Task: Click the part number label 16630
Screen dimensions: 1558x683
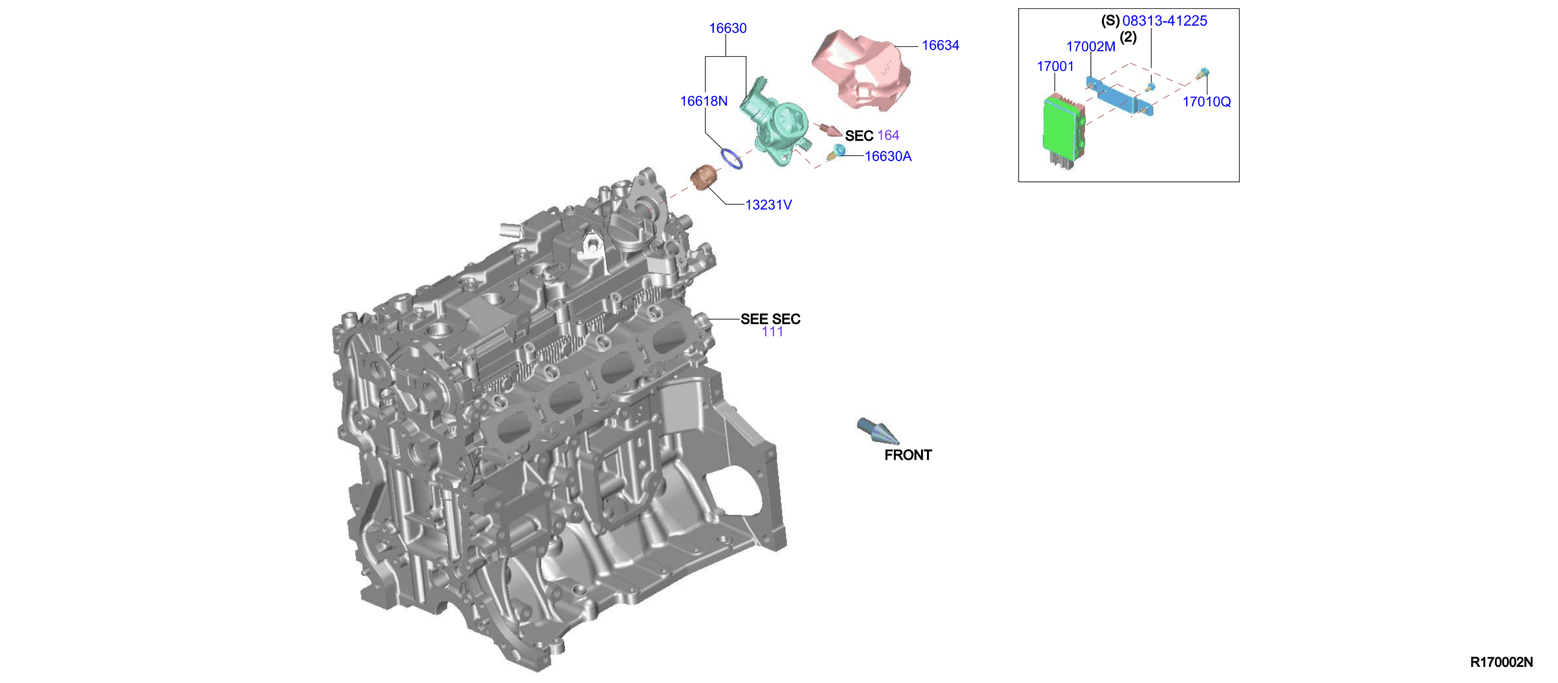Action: click(728, 29)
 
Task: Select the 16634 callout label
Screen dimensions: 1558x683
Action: click(940, 46)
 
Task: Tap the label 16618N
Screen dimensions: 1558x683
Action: click(703, 101)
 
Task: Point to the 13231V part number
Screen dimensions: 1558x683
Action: click(768, 205)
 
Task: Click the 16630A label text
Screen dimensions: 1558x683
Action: click(888, 156)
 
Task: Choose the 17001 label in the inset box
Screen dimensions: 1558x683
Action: click(1055, 67)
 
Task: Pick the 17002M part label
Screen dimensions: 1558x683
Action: click(1090, 46)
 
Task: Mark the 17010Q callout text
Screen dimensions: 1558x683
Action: click(1207, 102)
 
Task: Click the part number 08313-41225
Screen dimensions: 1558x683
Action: click(1165, 21)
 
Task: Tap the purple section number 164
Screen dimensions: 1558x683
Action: click(888, 135)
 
